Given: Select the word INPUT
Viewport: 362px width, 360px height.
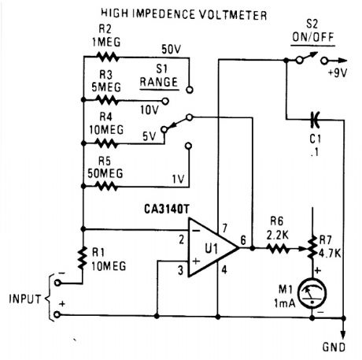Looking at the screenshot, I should tap(24, 299).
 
